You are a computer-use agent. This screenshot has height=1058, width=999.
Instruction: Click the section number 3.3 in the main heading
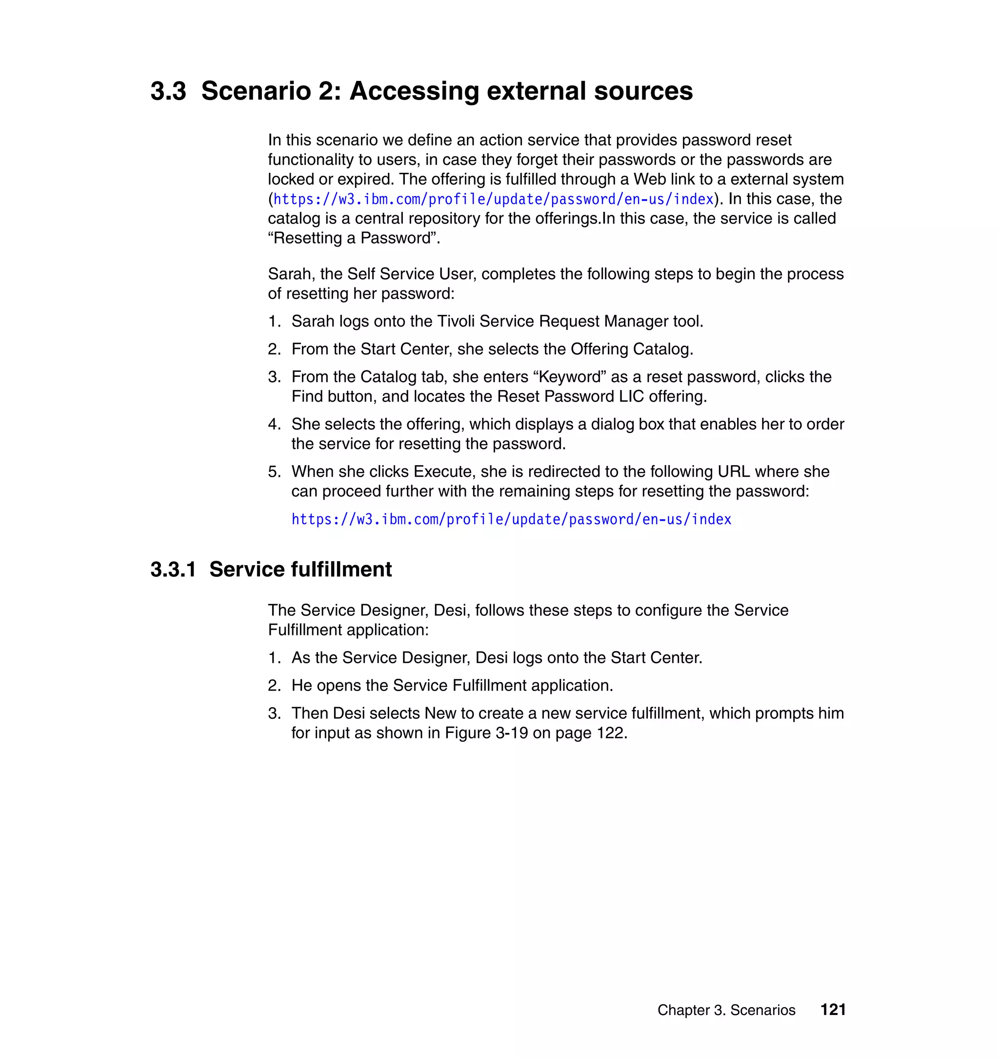[168, 91]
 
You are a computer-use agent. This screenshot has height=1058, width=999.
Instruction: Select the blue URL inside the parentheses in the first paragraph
[493, 199]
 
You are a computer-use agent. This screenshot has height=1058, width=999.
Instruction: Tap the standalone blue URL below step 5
[511, 519]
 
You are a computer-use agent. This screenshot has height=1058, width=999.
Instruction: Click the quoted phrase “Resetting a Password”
[354, 238]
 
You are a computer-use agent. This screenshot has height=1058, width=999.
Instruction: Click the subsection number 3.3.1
[173, 570]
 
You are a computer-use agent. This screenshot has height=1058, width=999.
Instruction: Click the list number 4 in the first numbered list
[274, 424]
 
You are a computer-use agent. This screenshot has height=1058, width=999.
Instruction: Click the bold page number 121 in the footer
[833, 1010]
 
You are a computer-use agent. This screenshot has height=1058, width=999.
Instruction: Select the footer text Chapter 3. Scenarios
[726, 1010]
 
